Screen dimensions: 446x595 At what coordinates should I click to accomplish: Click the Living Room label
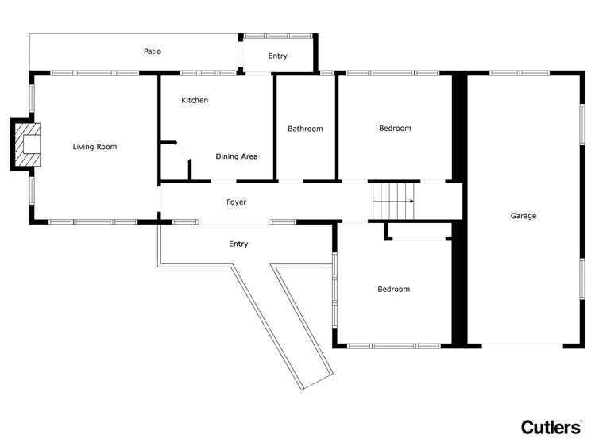coord(95,147)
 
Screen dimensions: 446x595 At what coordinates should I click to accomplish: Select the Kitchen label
coord(195,101)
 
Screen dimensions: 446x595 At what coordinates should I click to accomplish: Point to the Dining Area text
coord(237,156)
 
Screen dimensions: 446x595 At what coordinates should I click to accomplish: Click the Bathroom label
coord(305,129)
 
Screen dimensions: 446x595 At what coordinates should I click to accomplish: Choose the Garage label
coord(524,216)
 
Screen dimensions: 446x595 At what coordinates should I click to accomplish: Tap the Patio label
coord(153,52)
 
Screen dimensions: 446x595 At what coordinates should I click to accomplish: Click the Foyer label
coord(236,202)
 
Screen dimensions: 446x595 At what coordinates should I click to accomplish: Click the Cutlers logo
coord(551,427)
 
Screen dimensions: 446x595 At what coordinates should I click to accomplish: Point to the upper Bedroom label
coord(395,129)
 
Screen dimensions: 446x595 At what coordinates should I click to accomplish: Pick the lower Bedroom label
coord(393,290)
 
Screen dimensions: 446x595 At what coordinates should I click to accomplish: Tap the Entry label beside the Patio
coord(278,56)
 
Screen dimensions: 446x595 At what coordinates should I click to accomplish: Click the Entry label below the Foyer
coord(238,244)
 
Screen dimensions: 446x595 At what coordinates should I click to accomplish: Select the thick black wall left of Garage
coord(458,210)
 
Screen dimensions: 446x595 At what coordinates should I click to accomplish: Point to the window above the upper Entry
coord(277,36)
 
